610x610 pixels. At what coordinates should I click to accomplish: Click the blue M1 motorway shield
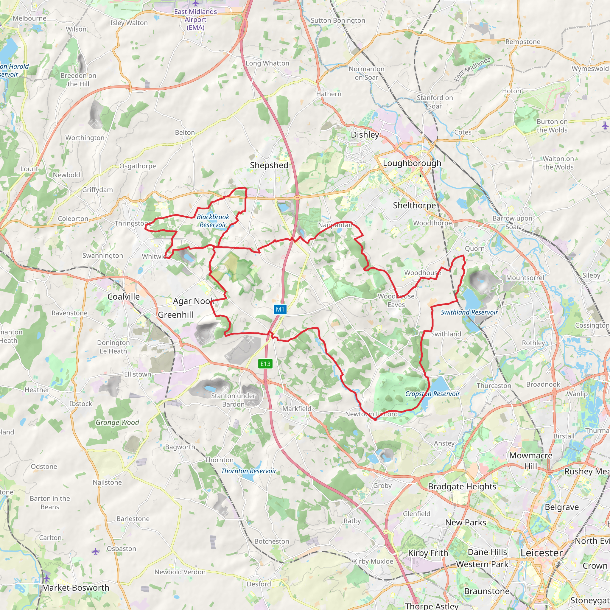coord(280,309)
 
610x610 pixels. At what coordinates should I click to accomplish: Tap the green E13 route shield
coord(265,364)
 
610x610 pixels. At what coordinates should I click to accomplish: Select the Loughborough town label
coord(412,163)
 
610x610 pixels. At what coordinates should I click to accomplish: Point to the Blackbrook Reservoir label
coord(213,221)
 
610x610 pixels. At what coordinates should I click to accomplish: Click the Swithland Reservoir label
coord(469,312)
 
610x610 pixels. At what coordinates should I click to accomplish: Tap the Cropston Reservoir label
coord(432,394)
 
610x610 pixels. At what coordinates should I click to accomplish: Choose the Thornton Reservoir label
coord(249,471)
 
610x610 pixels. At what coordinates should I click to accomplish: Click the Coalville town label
coord(123,296)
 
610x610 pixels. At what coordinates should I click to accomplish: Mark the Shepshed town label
coord(269,165)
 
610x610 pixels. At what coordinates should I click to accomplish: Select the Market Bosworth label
coord(75,588)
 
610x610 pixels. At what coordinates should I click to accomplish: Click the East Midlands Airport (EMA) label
coord(195,19)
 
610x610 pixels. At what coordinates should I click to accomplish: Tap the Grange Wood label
coord(117,422)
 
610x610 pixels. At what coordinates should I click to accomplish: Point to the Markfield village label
coord(297,409)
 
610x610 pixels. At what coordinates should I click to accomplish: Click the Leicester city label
coord(541,553)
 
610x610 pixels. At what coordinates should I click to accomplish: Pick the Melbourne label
coord(29,18)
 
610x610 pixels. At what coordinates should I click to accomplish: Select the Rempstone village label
coord(523,42)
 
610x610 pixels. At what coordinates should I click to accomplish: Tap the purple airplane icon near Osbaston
coord(95,552)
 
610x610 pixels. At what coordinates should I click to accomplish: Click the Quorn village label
coord(474,248)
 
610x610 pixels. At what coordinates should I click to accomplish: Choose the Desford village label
coord(259,584)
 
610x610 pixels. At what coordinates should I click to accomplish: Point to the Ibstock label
coord(81,404)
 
